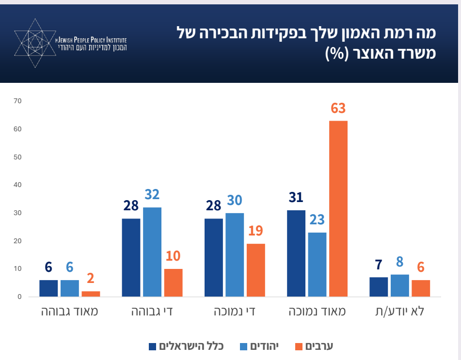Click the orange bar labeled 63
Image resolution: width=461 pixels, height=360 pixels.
(338, 208)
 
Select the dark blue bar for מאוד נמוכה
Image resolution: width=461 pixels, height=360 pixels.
(296, 253)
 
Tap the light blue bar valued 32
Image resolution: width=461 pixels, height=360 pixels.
(152, 252)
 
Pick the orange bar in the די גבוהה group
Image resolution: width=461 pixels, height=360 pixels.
(173, 282)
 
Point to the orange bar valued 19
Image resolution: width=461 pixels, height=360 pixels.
(255, 270)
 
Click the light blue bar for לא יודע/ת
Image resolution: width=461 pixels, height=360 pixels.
(399, 285)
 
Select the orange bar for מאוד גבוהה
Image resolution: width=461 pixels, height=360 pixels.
(91, 294)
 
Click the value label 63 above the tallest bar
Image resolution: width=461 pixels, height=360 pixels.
(338, 109)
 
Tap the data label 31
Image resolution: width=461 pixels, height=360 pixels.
(296, 198)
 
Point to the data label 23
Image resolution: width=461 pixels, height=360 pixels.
(318, 220)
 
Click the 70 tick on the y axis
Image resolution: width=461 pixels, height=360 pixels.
(18, 101)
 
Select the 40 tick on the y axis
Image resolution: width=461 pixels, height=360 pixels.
(18, 185)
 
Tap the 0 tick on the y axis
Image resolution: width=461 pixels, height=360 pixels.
(20, 297)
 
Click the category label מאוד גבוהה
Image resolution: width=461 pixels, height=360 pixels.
(69, 311)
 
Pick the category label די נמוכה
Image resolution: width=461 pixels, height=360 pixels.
(235, 311)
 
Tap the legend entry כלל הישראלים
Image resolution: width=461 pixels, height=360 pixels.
(186, 346)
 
